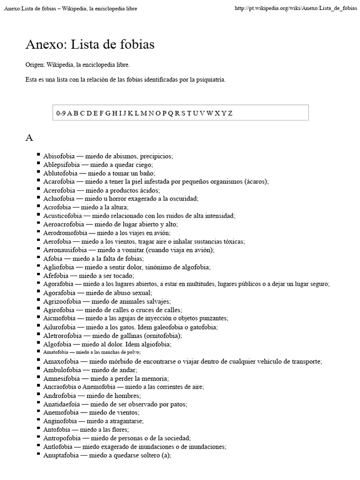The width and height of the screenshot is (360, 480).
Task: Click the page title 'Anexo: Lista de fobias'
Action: coord(90,45)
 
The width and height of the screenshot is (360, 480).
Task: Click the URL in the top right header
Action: coord(295,9)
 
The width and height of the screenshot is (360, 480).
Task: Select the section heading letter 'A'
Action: coord(29,137)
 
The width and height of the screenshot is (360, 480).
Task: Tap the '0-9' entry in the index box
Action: coord(61,113)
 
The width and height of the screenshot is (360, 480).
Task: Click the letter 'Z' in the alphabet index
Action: coord(230,113)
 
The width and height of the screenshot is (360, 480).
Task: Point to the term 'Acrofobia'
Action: coord(57,207)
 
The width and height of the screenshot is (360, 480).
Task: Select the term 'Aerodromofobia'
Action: coord(65,233)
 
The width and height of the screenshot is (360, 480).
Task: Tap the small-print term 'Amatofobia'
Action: coord(55,352)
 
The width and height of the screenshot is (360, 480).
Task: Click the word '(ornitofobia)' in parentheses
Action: coord(162,336)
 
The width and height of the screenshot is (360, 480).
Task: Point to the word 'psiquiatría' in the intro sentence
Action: coord(210,80)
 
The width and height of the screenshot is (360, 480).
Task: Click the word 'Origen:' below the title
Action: coord(35,65)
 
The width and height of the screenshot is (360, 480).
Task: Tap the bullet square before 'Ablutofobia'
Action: coord(38,172)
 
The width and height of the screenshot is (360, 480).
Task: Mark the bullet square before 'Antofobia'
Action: coord(38,428)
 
